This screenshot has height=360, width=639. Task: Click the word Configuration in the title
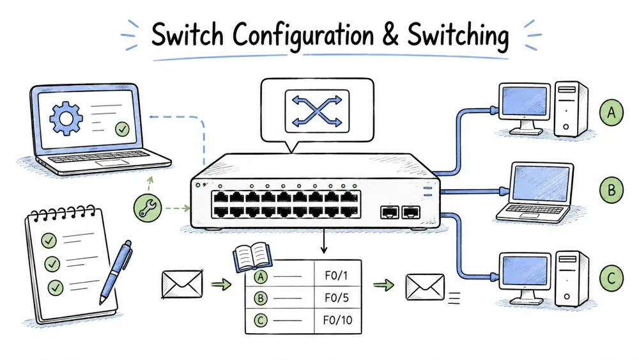point(303,36)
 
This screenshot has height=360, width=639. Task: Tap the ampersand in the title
point(390,35)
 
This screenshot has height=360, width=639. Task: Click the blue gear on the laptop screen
point(66,119)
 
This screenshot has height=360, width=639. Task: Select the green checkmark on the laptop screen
point(122,129)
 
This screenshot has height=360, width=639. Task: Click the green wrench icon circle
point(148,208)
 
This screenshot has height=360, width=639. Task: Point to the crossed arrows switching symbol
point(317,111)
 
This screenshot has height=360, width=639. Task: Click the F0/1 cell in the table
point(337,276)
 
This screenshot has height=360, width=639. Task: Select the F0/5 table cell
point(337,297)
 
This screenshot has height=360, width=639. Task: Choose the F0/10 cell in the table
point(337,320)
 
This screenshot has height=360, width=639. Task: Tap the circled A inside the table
point(261,278)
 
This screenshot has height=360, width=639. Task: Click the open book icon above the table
point(252,256)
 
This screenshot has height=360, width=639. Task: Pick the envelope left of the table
point(182,284)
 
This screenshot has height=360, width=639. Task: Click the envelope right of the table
point(425,287)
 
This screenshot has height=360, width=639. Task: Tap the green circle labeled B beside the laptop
point(612,190)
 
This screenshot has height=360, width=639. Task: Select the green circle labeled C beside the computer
point(612,278)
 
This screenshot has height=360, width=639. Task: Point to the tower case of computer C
point(572,279)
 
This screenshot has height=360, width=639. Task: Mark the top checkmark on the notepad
point(49,240)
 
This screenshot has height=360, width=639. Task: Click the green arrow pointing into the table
point(221,284)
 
